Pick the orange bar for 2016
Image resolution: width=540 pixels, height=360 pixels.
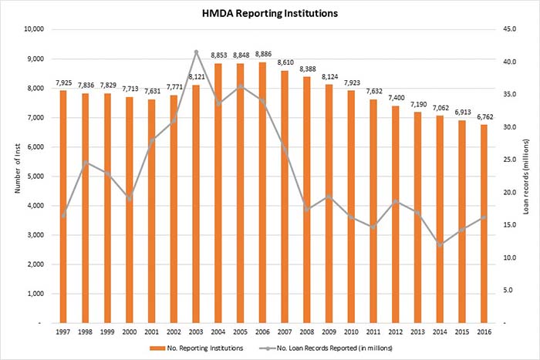(484, 224)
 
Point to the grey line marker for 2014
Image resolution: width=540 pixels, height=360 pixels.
(440, 244)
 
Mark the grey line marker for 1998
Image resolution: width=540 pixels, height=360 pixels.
(86, 163)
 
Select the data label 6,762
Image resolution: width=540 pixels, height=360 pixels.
(484, 116)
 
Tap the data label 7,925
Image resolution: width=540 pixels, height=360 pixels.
(64, 82)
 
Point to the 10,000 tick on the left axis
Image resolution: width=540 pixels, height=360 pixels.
(35, 29)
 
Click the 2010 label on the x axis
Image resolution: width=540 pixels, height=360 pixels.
(351, 332)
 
